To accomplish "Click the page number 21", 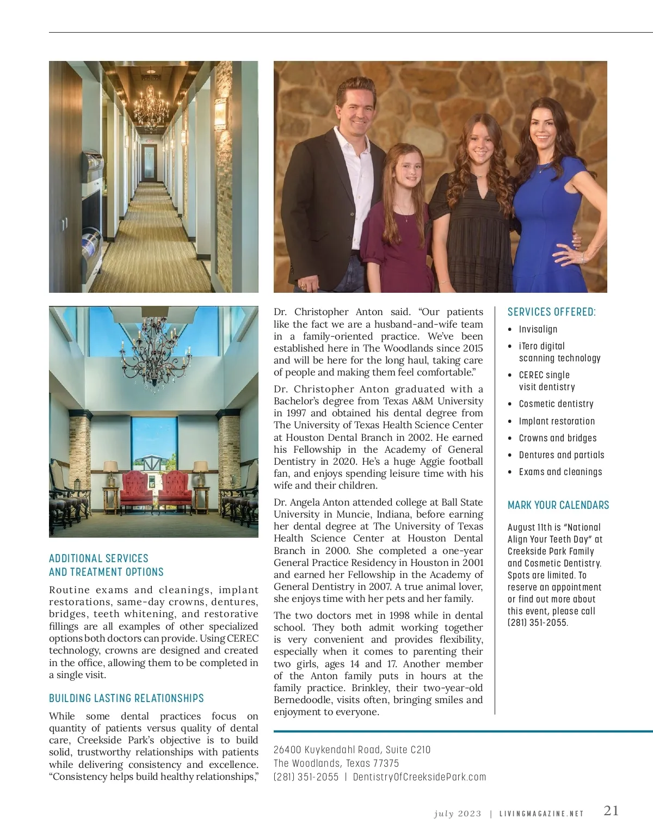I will click(611, 811).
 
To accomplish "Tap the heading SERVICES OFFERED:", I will click(551, 312).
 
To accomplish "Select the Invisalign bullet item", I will click(538, 329).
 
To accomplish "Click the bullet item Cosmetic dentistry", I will click(556, 404).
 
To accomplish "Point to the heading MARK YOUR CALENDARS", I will click(558, 505).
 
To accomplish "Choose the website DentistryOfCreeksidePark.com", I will click(419, 777).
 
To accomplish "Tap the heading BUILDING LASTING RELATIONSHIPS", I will click(126, 698).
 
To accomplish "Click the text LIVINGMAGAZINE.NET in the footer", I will click(541, 814).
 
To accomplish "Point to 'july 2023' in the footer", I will click(458, 814).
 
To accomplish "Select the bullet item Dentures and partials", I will click(561, 455).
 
